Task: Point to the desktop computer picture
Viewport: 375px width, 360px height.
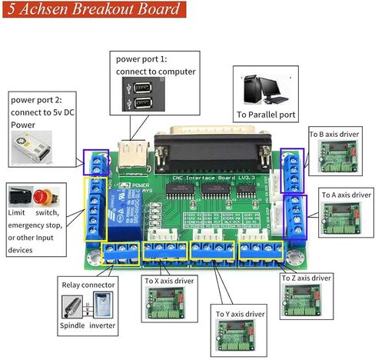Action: pyautogui.click(x=265, y=90)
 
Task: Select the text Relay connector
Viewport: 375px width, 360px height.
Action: pyautogui.click(x=88, y=285)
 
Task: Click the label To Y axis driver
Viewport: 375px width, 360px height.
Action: pyautogui.click(x=240, y=314)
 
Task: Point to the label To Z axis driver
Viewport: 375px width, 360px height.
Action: pyautogui.click(x=307, y=277)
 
